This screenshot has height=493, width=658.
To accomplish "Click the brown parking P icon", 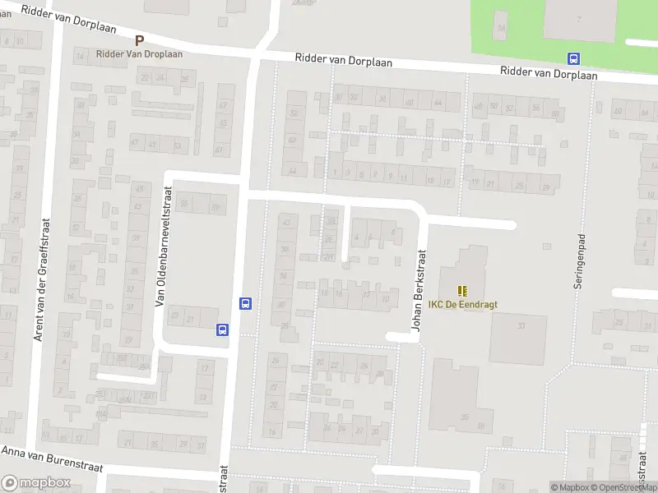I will (139, 40).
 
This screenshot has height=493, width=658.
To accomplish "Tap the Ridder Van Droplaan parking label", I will (139, 53).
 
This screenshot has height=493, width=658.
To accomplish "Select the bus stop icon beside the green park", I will (573, 58).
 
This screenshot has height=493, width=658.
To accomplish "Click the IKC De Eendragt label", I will (463, 304).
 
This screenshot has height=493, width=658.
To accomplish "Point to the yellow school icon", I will (462, 290).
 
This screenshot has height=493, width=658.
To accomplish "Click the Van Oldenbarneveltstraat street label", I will (161, 258).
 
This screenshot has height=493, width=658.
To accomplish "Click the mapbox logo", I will (36, 483).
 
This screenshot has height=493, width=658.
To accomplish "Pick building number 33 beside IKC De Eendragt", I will (521, 326).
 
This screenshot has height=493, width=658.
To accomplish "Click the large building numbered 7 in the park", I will (579, 18).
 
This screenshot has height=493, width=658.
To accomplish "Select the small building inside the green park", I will (501, 29).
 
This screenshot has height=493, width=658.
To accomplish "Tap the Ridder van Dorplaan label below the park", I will (549, 74).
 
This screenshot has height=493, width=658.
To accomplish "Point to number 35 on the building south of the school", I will (466, 417).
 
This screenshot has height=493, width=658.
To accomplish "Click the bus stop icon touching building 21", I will (222, 329).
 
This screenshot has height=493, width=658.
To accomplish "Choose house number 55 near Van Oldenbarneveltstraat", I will (184, 204).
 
